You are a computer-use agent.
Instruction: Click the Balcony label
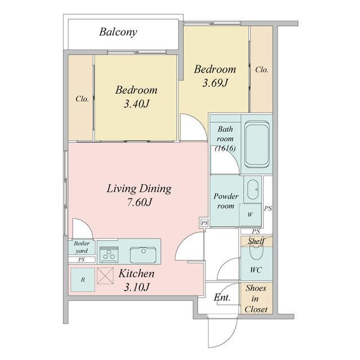pyautogui.click(x=118, y=33)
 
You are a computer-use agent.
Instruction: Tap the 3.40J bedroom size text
pyautogui.click(x=137, y=104)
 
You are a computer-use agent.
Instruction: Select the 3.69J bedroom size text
pyautogui.click(x=215, y=83)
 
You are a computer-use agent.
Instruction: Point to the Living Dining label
pyautogui.click(x=139, y=189)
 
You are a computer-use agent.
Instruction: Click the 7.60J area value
pyautogui.click(x=139, y=202)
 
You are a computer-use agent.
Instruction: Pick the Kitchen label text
pyautogui.click(x=136, y=274)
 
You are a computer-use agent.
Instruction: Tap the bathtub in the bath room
pyautogui.click(x=256, y=144)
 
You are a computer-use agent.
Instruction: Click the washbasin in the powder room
pyautogui.click(x=253, y=190)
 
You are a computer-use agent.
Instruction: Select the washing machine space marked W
pyautogui.click(x=250, y=215)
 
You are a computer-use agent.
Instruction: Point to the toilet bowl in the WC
pyautogui.click(x=256, y=252)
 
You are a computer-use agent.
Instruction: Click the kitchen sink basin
pyautogui.click(x=143, y=255)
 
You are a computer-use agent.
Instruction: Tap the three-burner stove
pyautogui.click(x=109, y=254)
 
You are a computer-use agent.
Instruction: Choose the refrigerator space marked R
pyautogui.click(x=83, y=280)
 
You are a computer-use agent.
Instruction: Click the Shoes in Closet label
pyautogui.click(x=256, y=299)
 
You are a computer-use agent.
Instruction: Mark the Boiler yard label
pyautogui.click(x=82, y=247)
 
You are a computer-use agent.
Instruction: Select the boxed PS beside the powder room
pyautogui.click(x=205, y=223)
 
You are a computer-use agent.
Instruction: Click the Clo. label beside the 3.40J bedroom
pyautogui.click(x=82, y=99)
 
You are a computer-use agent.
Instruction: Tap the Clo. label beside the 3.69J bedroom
pyautogui.click(x=262, y=70)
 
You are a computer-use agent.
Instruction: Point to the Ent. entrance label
pyautogui.click(x=222, y=298)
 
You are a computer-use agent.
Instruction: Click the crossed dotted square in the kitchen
pyautogui.click(x=105, y=276)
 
